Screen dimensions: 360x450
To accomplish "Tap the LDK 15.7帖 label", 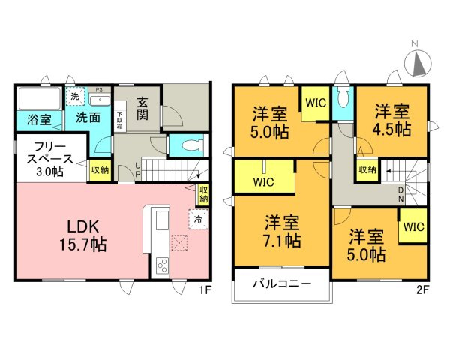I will tap(78, 234).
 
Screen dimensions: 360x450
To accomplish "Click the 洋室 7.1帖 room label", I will tap(282, 232).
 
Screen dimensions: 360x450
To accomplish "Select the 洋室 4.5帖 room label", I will tap(392, 120).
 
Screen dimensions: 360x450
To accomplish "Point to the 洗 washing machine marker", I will tap(74, 96).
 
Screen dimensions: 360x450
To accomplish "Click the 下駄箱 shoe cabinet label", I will tap(121, 121).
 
